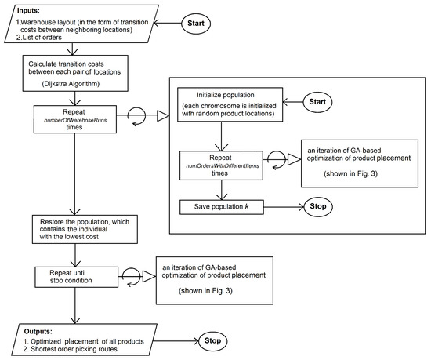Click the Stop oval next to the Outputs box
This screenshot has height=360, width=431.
pyautogui.click(x=213, y=341)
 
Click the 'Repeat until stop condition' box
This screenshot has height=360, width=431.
pyautogui.click(x=75, y=275)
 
